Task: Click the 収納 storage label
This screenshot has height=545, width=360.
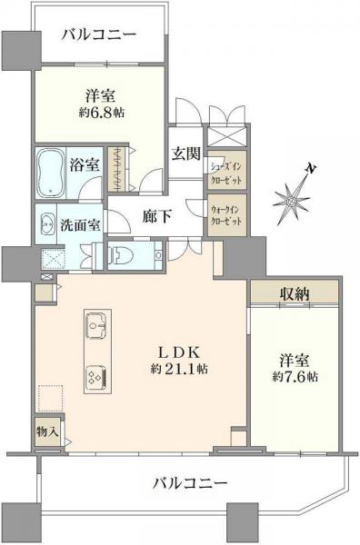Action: [x=295, y=293]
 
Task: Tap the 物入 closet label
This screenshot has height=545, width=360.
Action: [x=47, y=431]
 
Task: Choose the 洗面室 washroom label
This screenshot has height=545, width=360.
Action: [x=81, y=223]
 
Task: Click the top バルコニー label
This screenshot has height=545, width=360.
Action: [x=100, y=35]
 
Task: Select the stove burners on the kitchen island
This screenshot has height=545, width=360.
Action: [x=95, y=374]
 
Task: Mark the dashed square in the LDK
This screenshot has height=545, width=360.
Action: [x=50, y=398]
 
